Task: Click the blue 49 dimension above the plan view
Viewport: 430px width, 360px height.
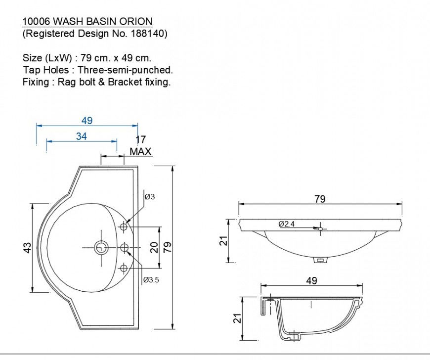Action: point(87,121)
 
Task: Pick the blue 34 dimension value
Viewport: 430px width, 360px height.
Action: point(82,136)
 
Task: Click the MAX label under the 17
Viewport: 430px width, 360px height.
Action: point(140,152)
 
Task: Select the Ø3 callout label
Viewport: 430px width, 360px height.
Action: point(150,196)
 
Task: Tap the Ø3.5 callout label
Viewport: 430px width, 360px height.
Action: point(151,280)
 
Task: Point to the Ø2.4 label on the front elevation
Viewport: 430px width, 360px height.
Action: point(286,224)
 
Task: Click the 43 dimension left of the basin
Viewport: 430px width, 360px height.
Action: point(28,247)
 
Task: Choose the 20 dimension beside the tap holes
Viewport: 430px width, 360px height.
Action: point(154,247)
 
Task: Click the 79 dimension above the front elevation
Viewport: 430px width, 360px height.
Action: point(320,199)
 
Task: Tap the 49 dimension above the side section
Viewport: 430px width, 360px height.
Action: point(311,281)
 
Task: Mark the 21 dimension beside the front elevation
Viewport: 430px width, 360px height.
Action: point(223,241)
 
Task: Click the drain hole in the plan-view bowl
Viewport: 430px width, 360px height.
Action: point(101,247)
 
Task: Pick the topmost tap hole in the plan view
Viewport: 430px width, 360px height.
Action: point(124,227)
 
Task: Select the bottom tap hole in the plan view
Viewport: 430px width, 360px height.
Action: point(124,268)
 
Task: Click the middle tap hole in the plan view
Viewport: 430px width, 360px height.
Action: point(125,247)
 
